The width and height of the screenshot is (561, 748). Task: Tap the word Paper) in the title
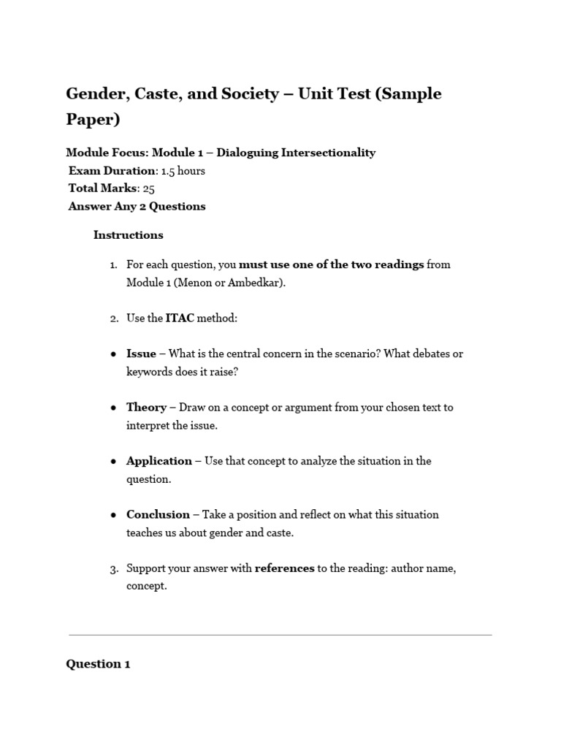[93, 119]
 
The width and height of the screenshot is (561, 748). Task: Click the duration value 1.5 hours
[183, 171]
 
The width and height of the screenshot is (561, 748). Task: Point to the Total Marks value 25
[149, 188]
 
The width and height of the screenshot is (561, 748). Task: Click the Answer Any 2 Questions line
[137, 206]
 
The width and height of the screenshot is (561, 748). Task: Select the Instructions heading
[128, 235]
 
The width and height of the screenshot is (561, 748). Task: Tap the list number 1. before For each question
[114, 264]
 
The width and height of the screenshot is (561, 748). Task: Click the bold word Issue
[141, 354]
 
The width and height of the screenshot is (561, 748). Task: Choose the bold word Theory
[146, 407]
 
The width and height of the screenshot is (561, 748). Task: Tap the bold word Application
[159, 461]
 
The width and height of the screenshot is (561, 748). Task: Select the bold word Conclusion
[158, 514]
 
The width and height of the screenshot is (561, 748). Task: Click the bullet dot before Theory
[113, 408]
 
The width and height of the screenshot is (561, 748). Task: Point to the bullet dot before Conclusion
[113, 515]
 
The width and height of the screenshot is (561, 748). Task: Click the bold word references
[284, 568]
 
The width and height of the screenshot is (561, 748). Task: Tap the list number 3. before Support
[114, 568]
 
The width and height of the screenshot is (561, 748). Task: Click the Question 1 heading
[98, 664]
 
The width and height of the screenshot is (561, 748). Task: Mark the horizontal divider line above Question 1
[280, 635]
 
